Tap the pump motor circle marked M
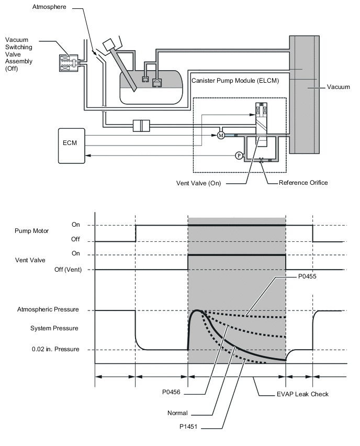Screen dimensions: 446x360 click(x=220, y=136)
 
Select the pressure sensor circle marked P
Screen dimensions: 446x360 click(x=239, y=155)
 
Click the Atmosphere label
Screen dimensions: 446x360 click(x=49, y=7)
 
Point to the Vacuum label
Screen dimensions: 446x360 click(x=338, y=87)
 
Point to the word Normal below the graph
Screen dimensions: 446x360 click(x=177, y=413)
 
